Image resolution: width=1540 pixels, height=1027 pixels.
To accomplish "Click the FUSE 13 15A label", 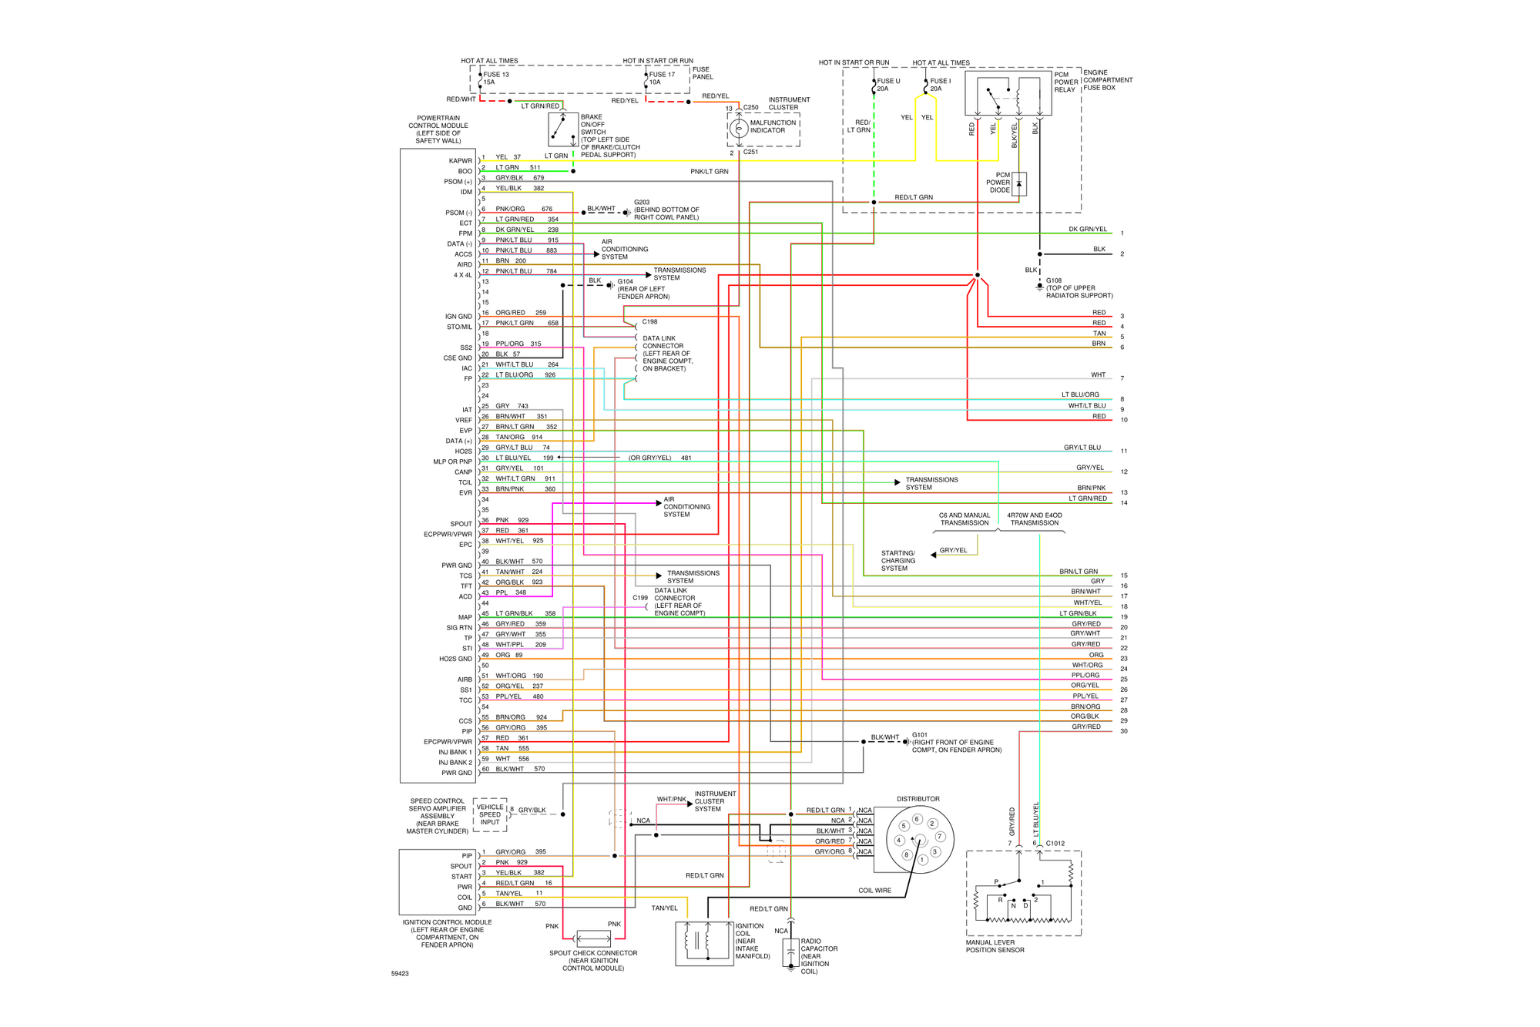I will (495, 78).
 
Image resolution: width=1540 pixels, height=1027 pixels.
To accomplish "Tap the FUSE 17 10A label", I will (661, 78).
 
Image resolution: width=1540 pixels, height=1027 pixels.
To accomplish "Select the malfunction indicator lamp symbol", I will (738, 128).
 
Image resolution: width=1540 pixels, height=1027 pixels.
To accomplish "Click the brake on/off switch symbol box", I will (563, 129).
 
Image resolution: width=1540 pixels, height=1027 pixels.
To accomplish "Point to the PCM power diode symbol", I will (1018, 183).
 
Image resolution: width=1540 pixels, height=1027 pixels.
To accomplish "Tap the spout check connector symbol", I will (593, 938).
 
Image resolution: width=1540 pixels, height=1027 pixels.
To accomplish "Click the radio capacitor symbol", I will (790, 952).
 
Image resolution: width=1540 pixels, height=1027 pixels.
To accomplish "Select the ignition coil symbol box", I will (704, 942).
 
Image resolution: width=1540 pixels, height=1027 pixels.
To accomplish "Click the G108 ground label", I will (1053, 280).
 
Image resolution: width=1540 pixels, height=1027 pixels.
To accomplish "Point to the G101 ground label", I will (919, 735).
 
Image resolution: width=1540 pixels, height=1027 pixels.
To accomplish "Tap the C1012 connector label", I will (1055, 843).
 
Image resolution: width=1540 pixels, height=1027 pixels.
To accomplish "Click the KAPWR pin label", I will (460, 161).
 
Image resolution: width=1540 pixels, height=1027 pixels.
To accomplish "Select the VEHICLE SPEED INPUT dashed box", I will (490, 814).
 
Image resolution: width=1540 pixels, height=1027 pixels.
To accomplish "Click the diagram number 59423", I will (400, 974).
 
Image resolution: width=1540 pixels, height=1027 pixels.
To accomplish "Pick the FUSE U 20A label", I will (887, 85).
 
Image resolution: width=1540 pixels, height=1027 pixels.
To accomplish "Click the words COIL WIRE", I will (874, 891).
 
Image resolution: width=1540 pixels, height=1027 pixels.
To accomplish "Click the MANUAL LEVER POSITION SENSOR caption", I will (995, 946).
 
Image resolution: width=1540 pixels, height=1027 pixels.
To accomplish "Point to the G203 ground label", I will (642, 202).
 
